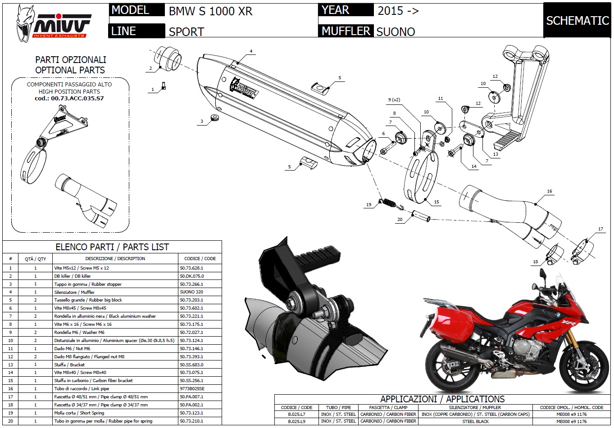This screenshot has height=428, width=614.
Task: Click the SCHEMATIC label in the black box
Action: click(577, 21)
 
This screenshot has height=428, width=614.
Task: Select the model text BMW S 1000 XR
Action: click(210, 11)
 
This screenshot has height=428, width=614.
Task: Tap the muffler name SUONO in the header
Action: click(396, 32)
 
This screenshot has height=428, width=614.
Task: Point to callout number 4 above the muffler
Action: click(251, 51)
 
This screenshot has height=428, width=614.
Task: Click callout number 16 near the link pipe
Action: click(549, 191)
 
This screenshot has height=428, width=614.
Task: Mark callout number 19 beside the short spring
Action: click(368, 205)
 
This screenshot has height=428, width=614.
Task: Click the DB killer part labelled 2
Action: click(168, 59)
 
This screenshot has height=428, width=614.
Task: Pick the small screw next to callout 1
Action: click(164, 84)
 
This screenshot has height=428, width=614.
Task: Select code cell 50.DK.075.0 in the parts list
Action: click(192, 276)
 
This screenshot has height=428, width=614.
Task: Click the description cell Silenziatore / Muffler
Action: click(74, 292)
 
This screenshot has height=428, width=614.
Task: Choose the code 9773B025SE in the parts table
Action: click(192, 388)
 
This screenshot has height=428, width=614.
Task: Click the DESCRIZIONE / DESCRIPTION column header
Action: click(115, 259)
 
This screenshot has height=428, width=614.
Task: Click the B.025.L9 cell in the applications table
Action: click(296, 421)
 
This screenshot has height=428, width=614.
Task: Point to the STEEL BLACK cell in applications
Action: click(475, 421)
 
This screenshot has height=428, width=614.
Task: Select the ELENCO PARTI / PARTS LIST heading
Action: click(112, 247)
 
